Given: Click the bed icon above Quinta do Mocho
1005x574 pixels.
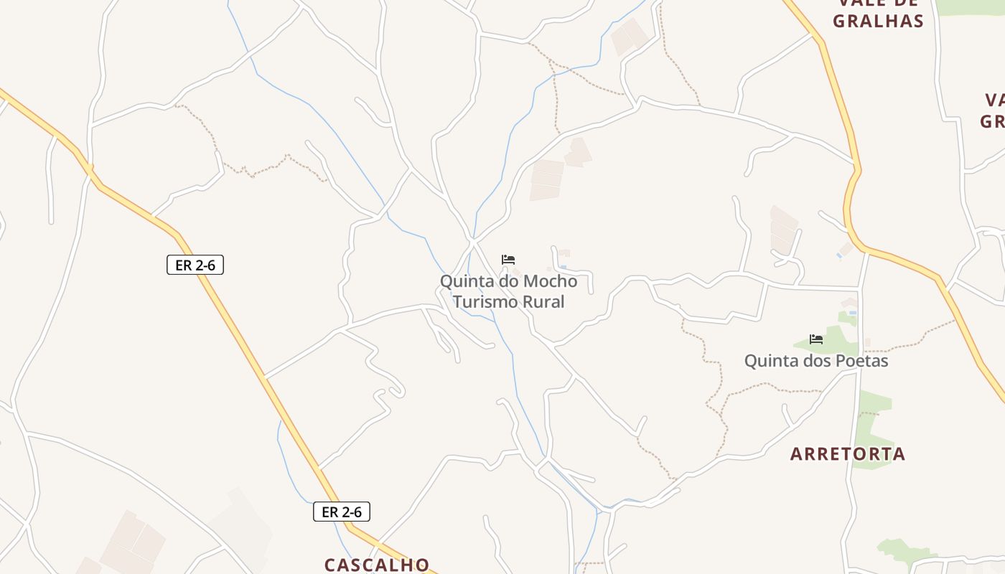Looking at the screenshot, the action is pyautogui.click(x=508, y=260).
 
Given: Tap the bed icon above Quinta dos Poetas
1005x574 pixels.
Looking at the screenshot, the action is pyautogui.click(x=815, y=339).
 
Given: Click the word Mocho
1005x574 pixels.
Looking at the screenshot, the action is pyautogui.click(x=551, y=281).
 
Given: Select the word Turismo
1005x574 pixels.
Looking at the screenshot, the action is pyautogui.click(x=485, y=301).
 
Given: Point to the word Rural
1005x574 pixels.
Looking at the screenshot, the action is pyautogui.click(x=543, y=301).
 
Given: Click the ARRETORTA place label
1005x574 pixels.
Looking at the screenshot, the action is pyautogui.click(x=848, y=453).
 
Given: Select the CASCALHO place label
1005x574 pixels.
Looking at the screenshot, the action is pyautogui.click(x=377, y=565).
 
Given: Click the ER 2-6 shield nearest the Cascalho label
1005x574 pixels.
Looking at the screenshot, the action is pyautogui.click(x=342, y=512).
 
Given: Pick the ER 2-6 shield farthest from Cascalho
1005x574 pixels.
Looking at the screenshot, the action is pyautogui.click(x=195, y=265).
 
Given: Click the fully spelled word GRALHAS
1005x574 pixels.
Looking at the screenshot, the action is pyautogui.click(x=878, y=21).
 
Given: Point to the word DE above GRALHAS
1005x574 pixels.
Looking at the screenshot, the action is pyautogui.click(x=904, y=3).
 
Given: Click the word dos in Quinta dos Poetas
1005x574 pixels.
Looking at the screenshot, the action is pyautogui.click(x=813, y=360).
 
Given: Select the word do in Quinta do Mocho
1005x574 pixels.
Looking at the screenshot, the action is pyautogui.click(x=508, y=281).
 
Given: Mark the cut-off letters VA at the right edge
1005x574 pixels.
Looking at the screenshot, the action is pyautogui.click(x=994, y=100).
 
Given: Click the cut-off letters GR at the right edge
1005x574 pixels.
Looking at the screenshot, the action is pyautogui.click(x=992, y=121).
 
